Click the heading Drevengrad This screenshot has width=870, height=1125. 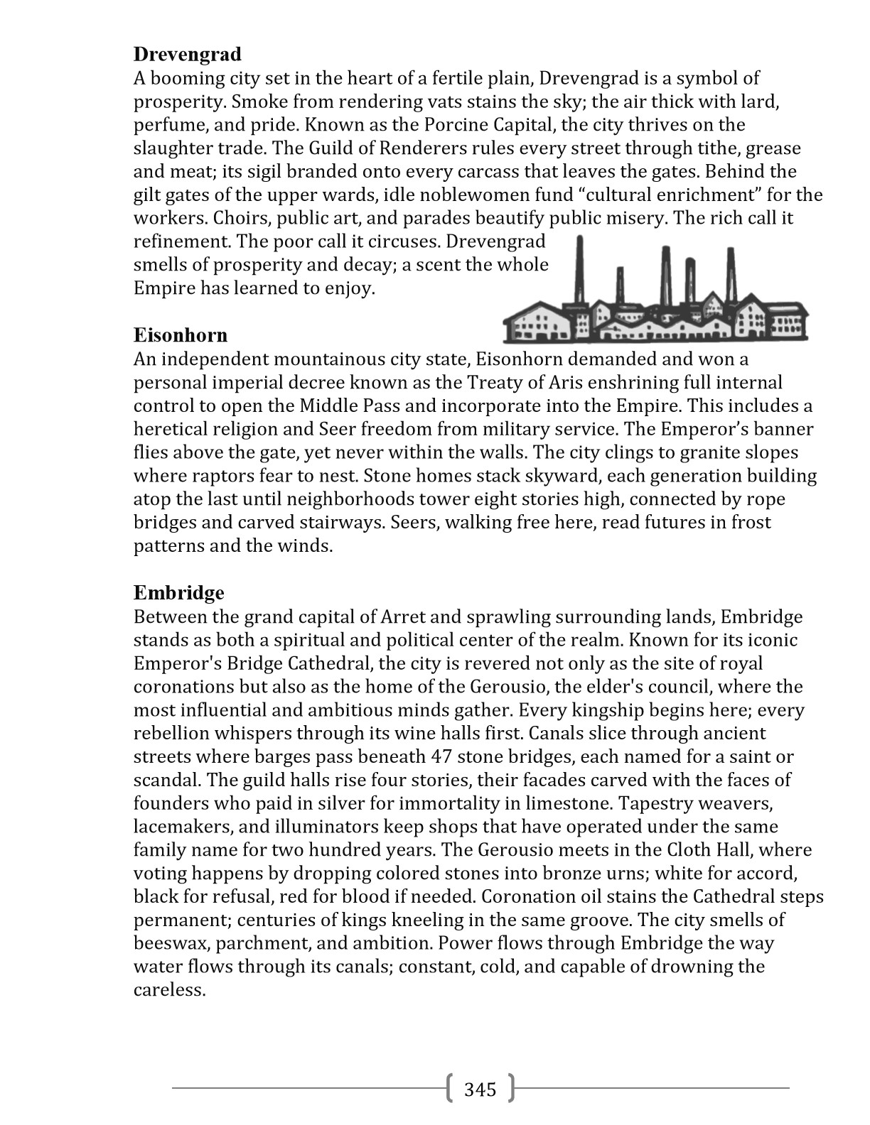point(188,54)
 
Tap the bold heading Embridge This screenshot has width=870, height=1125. point(178,592)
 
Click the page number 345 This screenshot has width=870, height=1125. point(480,1089)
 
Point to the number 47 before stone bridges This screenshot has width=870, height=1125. point(442,756)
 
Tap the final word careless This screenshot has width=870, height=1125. point(169,990)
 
